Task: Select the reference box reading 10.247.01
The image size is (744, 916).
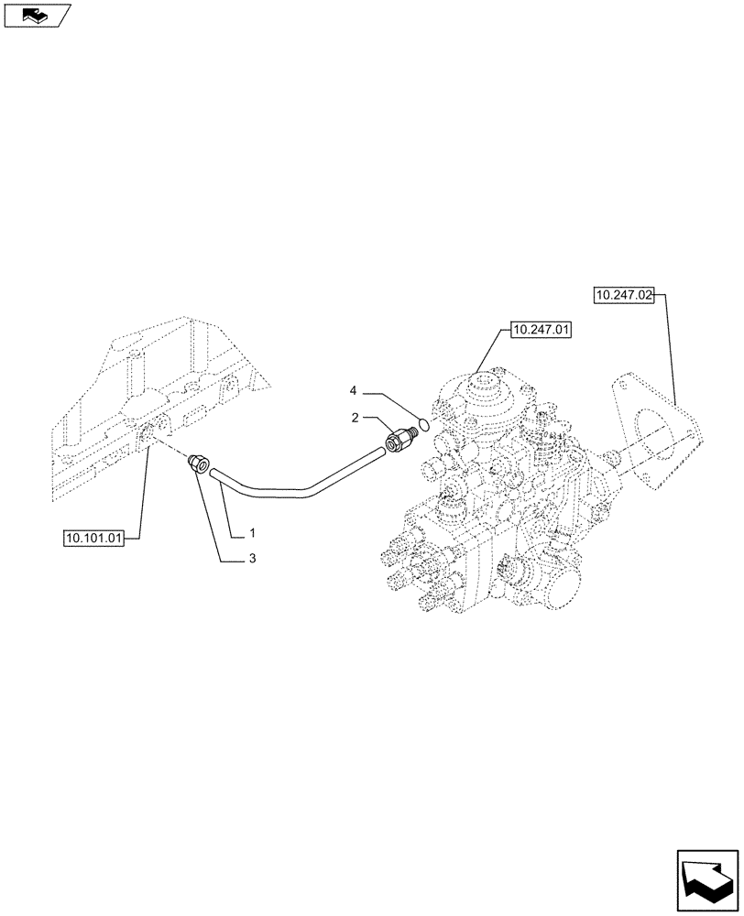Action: (x=541, y=330)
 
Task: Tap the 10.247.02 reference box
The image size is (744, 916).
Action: (x=623, y=295)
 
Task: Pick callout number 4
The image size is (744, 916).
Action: (x=355, y=391)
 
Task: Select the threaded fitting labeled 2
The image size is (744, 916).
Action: (x=399, y=441)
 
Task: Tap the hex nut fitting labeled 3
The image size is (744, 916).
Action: (x=199, y=463)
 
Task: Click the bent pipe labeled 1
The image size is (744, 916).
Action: (x=293, y=486)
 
